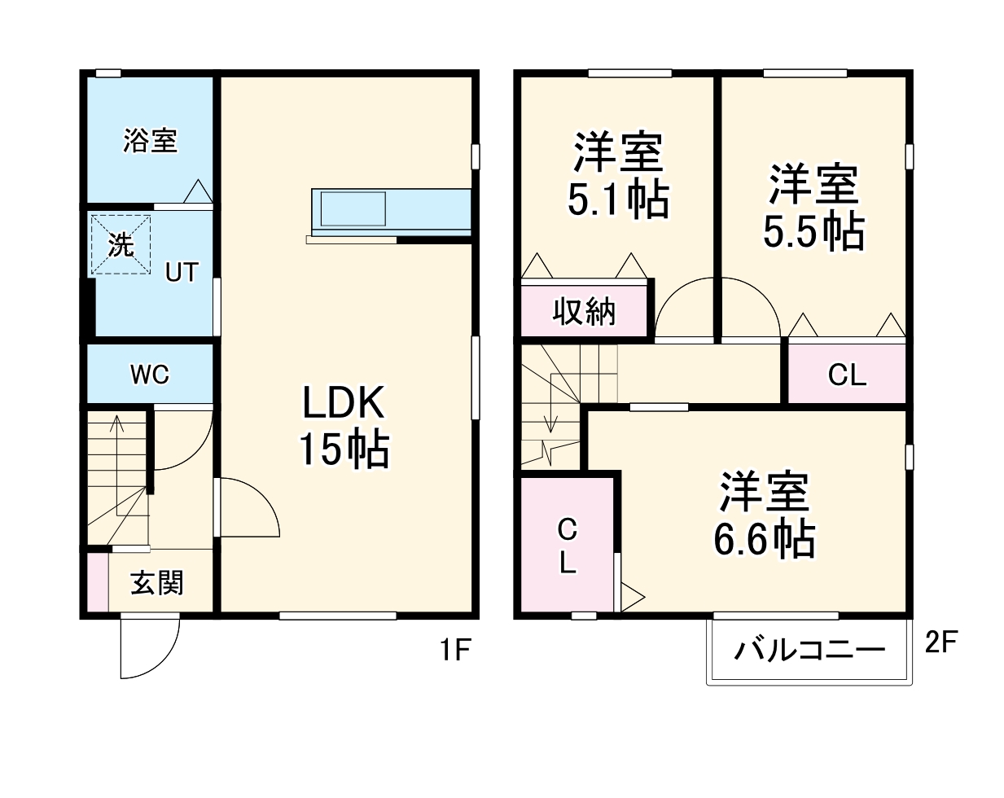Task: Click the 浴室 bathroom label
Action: click(x=150, y=140)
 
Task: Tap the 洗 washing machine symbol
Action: click(x=121, y=244)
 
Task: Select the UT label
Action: click(x=182, y=272)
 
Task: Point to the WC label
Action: click(x=150, y=375)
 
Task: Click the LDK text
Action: click(x=343, y=402)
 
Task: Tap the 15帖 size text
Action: click(x=344, y=449)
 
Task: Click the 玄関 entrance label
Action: click(x=157, y=583)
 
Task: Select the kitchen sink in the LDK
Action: click(x=353, y=208)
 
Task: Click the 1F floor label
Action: click(x=455, y=650)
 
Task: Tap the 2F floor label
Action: click(x=940, y=642)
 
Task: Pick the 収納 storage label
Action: click(x=584, y=311)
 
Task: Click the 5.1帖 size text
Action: click(x=618, y=199)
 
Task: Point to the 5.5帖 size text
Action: click(x=813, y=231)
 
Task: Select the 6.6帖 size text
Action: click(x=764, y=538)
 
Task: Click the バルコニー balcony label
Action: click(x=809, y=650)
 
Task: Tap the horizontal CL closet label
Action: click(x=847, y=375)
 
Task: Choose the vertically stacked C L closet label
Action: click(x=568, y=546)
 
